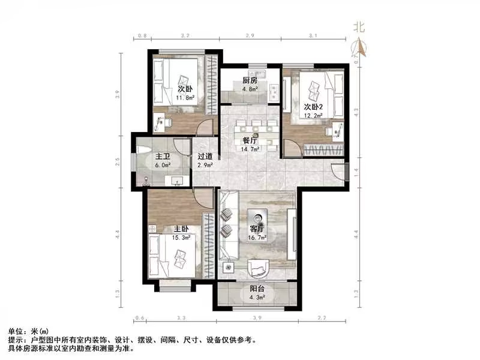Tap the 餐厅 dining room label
tap(250, 141)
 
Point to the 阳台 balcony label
tap(257, 289)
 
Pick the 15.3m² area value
tap(182, 238)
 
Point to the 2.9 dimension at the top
tap(250, 37)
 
